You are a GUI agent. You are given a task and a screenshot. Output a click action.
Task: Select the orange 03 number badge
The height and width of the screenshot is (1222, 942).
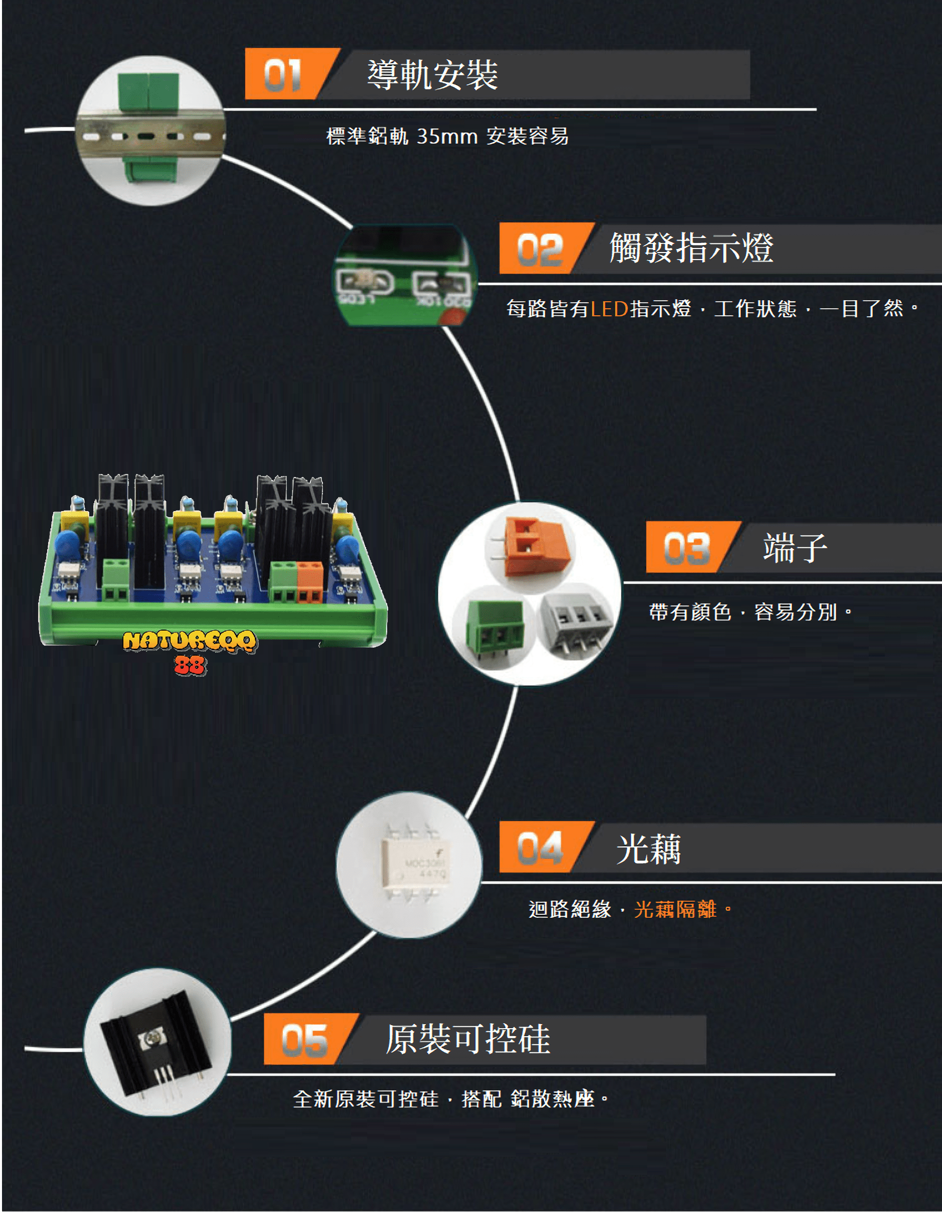point(686,548)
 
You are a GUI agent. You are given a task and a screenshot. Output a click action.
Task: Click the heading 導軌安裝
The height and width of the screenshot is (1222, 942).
point(432,74)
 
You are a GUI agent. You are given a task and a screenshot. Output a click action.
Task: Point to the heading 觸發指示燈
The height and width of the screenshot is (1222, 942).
point(691,248)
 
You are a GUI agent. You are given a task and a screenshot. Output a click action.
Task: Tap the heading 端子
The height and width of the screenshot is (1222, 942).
point(795,547)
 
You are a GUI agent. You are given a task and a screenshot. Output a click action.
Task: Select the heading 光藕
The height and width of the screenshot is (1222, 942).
point(649,848)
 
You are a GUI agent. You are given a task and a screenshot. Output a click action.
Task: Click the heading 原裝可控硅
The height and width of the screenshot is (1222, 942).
point(468,1039)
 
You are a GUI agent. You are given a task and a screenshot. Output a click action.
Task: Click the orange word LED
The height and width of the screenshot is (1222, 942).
point(609,309)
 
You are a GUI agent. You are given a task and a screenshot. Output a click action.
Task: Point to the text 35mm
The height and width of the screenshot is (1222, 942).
point(447,136)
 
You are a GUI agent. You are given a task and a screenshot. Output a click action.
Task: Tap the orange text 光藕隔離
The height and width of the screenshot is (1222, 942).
point(675,909)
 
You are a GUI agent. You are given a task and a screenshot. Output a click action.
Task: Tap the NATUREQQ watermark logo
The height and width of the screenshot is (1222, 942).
point(190,649)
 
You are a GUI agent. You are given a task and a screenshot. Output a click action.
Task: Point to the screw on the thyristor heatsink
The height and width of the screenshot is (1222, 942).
point(151,1040)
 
